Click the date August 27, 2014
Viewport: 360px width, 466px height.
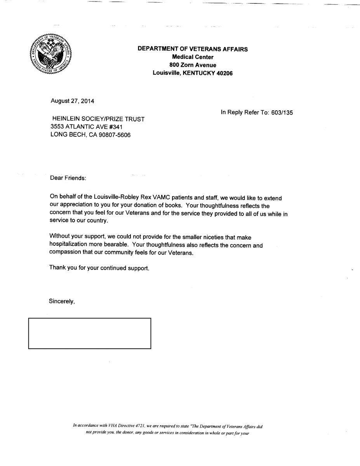(x=72, y=101)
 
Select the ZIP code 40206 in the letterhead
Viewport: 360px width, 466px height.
(x=225, y=73)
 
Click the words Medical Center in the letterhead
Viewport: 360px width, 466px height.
(x=193, y=57)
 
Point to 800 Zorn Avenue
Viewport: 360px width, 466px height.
(x=193, y=65)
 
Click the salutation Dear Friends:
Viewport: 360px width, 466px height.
(x=68, y=178)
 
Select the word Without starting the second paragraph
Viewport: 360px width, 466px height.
(x=60, y=237)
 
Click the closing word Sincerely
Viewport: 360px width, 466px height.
(x=61, y=301)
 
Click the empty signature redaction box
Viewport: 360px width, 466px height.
(x=90, y=333)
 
